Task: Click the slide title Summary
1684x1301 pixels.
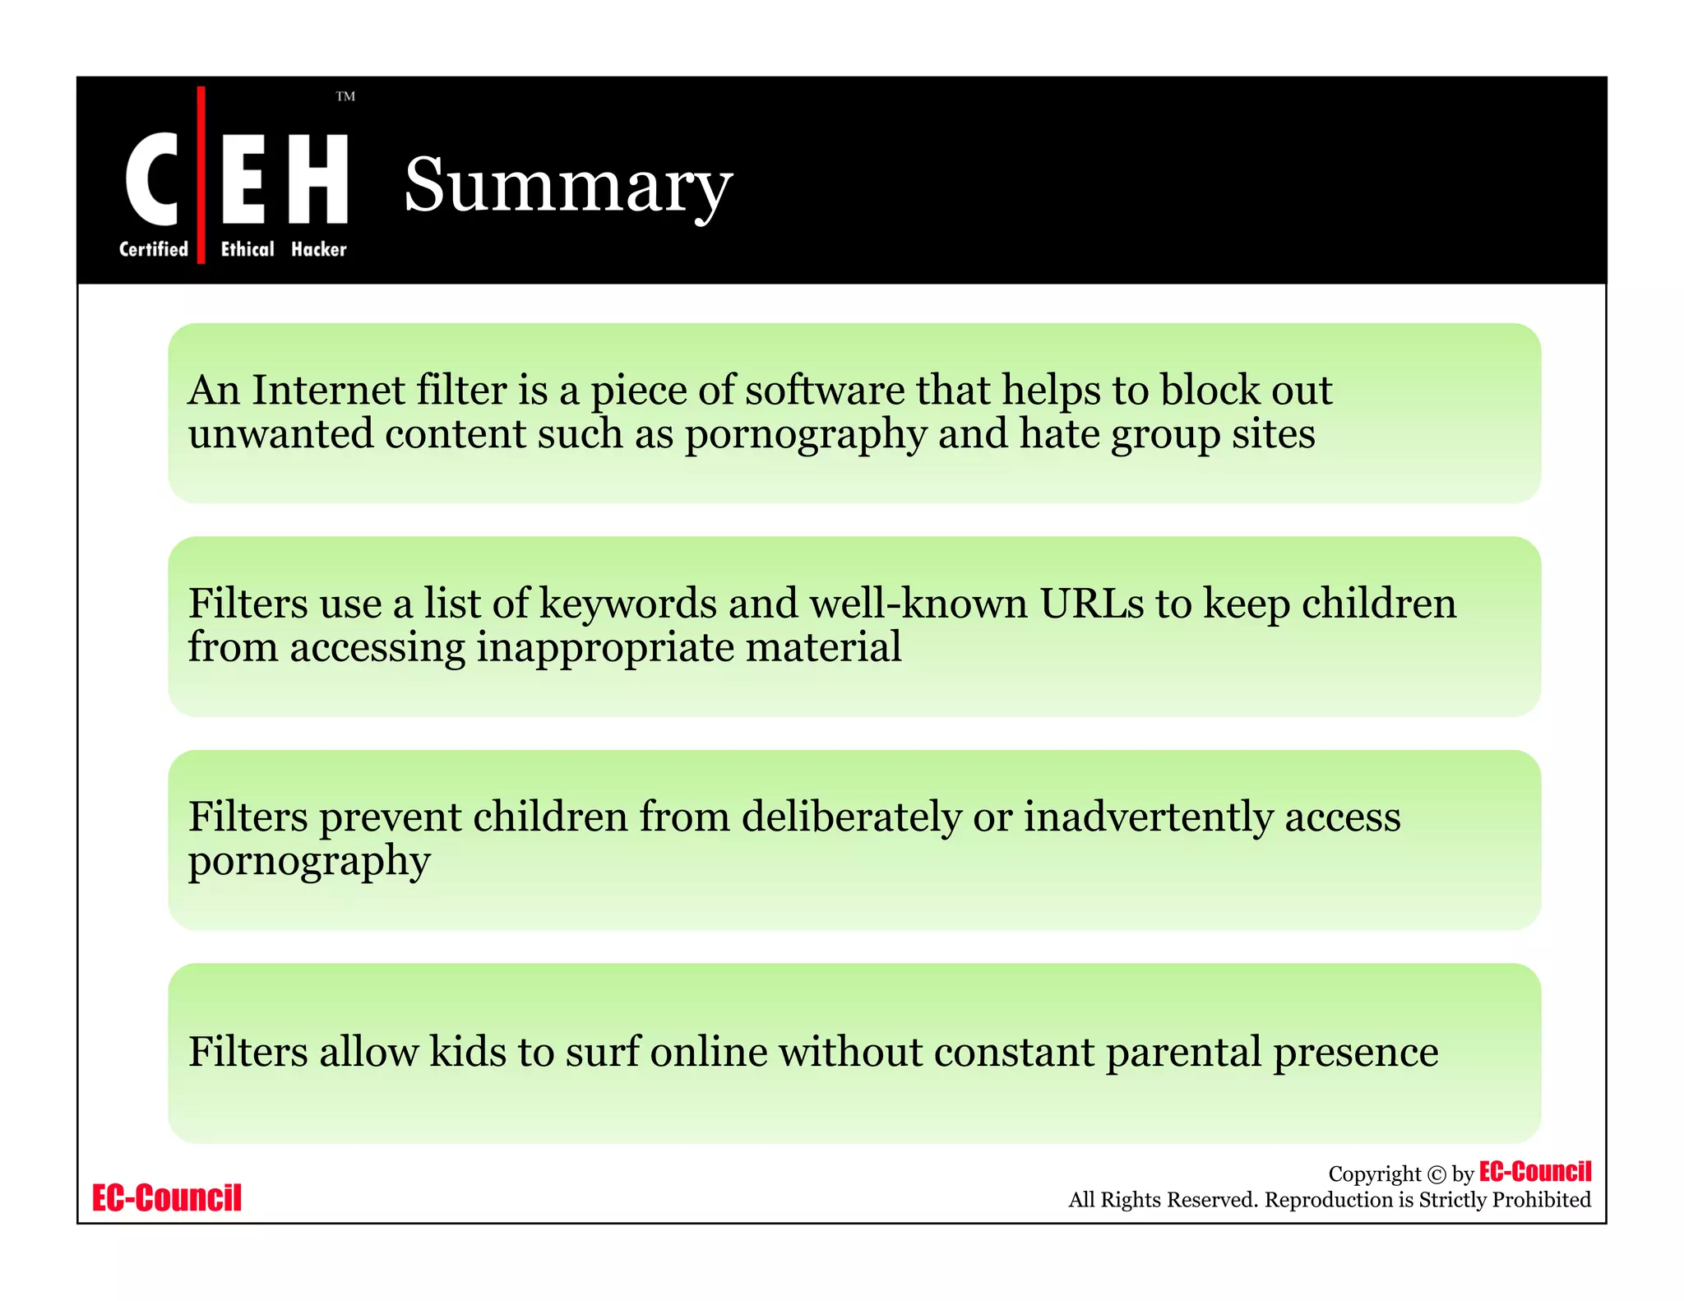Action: pos(567,186)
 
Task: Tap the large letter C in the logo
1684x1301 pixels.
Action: pos(152,178)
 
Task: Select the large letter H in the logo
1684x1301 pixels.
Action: pos(319,178)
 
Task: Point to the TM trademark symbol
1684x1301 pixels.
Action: pos(345,96)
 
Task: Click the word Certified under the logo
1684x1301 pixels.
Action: pos(154,249)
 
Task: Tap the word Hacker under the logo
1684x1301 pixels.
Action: pos(319,249)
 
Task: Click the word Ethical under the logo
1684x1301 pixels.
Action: pos(248,249)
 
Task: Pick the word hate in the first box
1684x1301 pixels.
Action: pos(1060,433)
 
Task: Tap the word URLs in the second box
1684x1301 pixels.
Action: pos(1091,604)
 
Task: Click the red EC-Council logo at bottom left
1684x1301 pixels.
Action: pos(167,1198)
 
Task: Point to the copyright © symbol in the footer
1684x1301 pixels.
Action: pos(1436,1174)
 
